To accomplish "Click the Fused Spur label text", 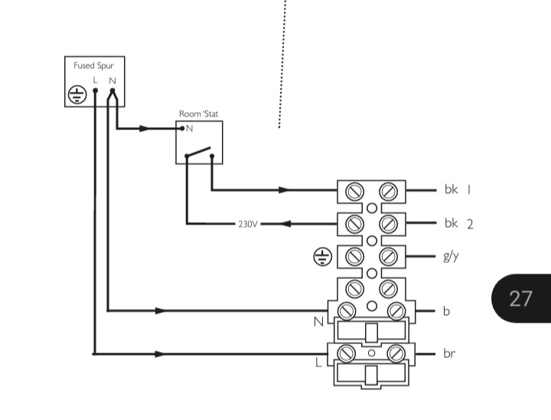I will (x=93, y=66).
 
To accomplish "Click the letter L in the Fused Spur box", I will (x=95, y=80).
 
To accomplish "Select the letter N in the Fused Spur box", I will (x=112, y=80).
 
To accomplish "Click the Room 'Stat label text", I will (x=199, y=113).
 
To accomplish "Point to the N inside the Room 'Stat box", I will (x=190, y=129).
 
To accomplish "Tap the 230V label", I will (x=247, y=225).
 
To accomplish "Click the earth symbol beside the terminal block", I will (x=323, y=258).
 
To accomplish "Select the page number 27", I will (x=520, y=298).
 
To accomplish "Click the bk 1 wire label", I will (x=458, y=189).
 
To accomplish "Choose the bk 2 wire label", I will (x=458, y=224).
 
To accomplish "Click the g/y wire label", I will (x=451, y=257).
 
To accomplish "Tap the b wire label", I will (x=446, y=311).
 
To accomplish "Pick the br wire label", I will (x=449, y=354).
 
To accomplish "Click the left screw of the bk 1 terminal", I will (x=354, y=190).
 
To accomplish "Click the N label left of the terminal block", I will (x=319, y=322).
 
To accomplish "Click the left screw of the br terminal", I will (x=347, y=353).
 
